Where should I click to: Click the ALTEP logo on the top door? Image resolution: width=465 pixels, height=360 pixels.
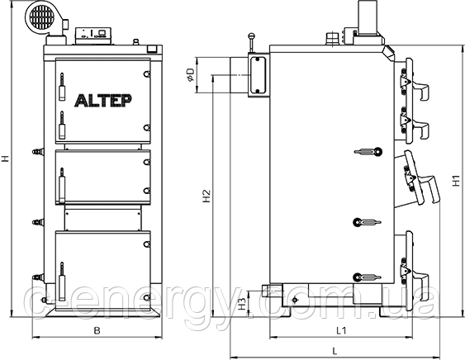tap(102, 100)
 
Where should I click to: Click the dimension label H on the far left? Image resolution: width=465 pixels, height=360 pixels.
tap(5, 159)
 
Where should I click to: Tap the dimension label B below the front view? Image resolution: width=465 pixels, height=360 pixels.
tap(97, 330)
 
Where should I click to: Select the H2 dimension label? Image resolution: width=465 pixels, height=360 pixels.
tap(206, 196)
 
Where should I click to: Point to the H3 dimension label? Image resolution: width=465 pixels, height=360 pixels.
tap(243, 304)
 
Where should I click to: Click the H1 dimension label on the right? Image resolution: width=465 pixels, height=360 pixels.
tap(456, 181)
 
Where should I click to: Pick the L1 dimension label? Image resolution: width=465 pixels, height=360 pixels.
tap(341, 330)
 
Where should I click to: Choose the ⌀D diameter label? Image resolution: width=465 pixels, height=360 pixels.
tap(190, 75)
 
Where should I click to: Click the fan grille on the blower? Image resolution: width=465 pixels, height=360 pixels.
tap(43, 17)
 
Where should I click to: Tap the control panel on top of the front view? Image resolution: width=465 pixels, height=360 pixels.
tap(93, 36)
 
